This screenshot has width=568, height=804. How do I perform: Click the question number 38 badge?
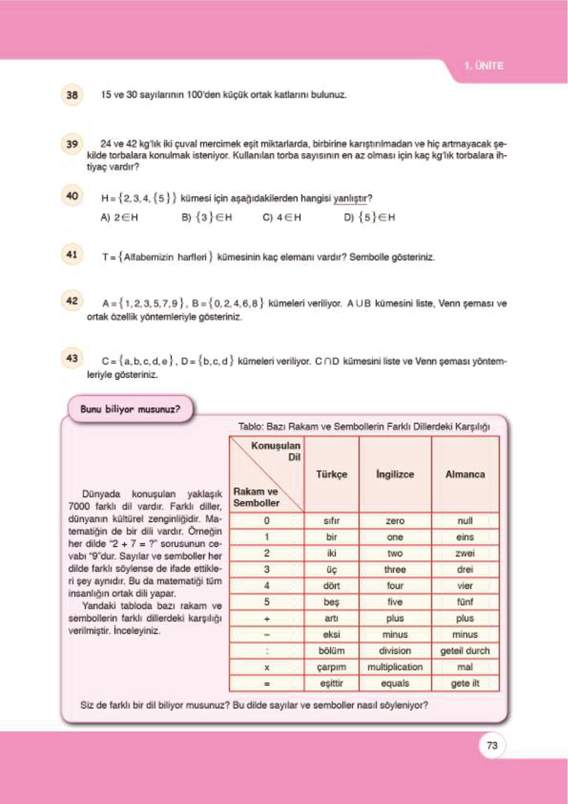72,95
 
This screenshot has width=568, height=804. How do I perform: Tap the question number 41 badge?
72,254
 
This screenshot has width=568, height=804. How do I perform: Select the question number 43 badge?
72,358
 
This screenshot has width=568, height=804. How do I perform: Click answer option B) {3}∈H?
207,217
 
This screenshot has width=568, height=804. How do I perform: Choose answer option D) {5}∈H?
369,217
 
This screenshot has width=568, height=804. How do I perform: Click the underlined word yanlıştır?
352,198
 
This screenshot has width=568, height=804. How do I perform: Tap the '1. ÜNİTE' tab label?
484,66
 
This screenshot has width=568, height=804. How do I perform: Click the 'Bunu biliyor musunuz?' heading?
130,409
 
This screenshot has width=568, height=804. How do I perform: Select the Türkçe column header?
331,474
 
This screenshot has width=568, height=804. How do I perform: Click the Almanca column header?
465,474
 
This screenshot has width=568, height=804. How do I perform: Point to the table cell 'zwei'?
465,553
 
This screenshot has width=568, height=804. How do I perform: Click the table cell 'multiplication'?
395,667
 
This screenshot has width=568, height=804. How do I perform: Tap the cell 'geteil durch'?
465,651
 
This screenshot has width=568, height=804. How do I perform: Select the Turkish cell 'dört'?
331,585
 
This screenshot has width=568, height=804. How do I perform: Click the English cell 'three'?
395,569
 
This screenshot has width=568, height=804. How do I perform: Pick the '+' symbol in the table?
267,618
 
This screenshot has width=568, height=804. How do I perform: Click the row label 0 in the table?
267,520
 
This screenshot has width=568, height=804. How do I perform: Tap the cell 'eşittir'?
331,683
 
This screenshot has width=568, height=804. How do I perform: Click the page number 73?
492,745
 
